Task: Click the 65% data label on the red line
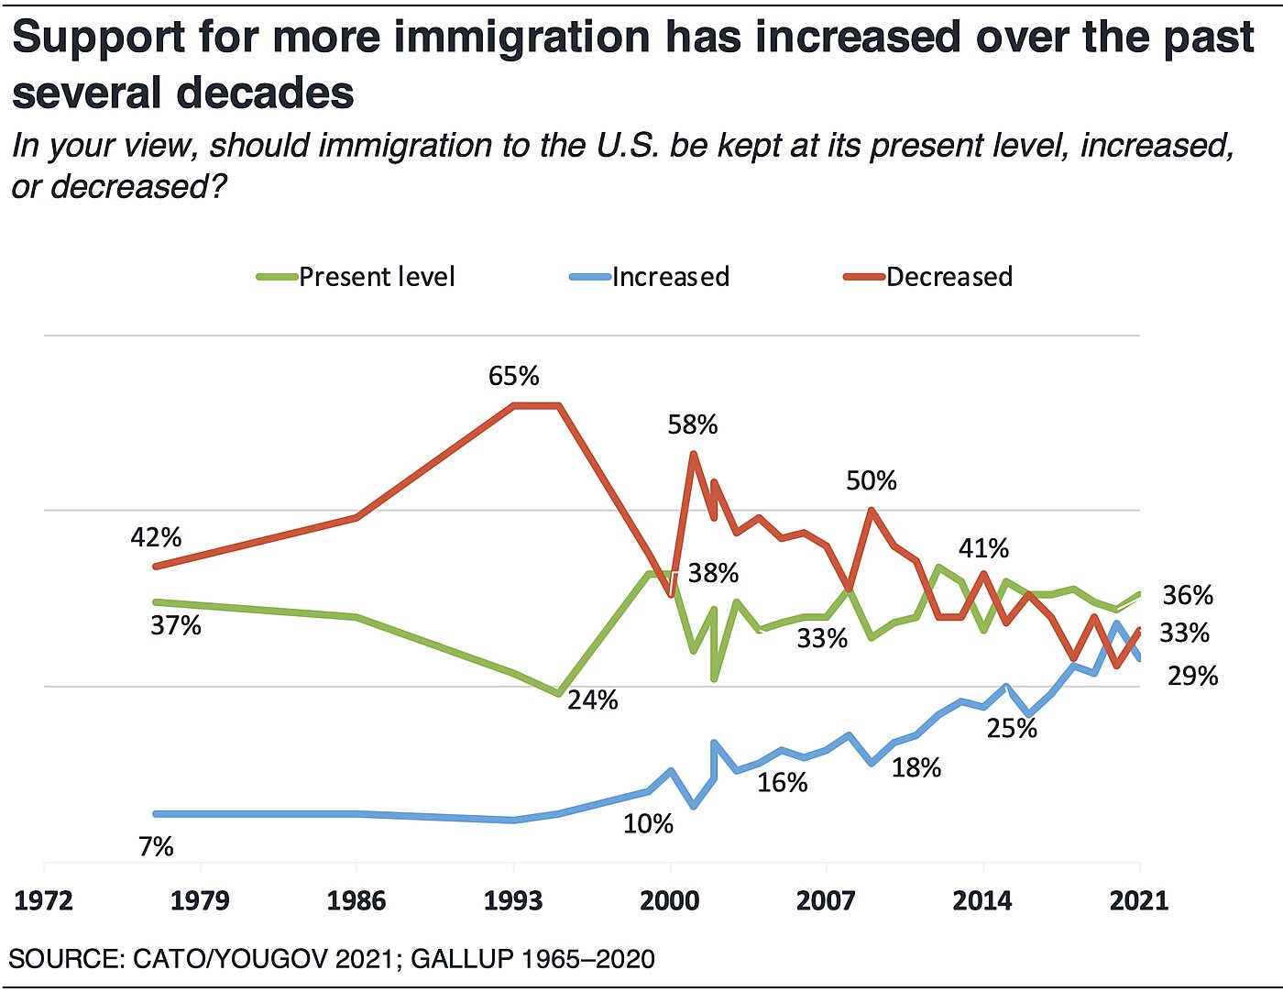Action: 513,376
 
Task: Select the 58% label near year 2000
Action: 693,424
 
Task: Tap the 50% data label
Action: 871,480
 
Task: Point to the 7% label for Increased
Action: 156,846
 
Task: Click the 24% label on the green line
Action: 593,700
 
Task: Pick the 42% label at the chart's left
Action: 156,537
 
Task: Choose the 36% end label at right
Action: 1188,595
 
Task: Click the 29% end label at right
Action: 1192,677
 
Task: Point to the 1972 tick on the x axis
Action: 44,900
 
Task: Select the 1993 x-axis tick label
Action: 513,900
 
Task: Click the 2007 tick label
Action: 826,900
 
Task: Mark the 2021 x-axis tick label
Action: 1139,900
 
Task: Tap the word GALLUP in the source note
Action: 462,959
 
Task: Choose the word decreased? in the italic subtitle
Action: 138,186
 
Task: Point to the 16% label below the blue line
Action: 783,782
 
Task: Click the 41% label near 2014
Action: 983,548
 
